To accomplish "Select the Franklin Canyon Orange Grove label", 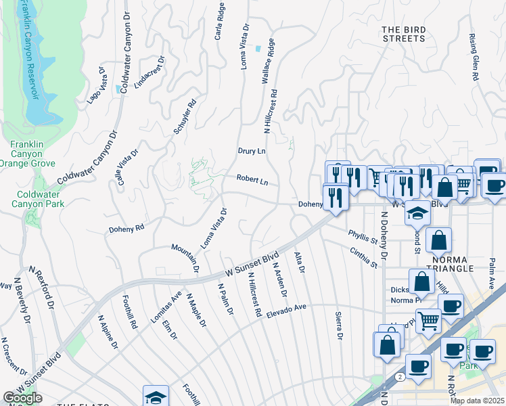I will click(x=26, y=154).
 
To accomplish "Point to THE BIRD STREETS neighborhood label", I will click(x=404, y=34).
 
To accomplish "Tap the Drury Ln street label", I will click(x=252, y=151).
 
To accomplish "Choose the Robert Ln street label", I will click(x=252, y=181).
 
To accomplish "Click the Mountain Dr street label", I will click(x=185, y=258).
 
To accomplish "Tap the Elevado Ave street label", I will click(x=286, y=311).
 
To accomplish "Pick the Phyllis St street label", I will click(x=363, y=237).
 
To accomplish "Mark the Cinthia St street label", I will click(x=363, y=258).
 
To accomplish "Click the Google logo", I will click(x=22, y=398).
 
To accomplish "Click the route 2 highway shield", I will click(x=402, y=376).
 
